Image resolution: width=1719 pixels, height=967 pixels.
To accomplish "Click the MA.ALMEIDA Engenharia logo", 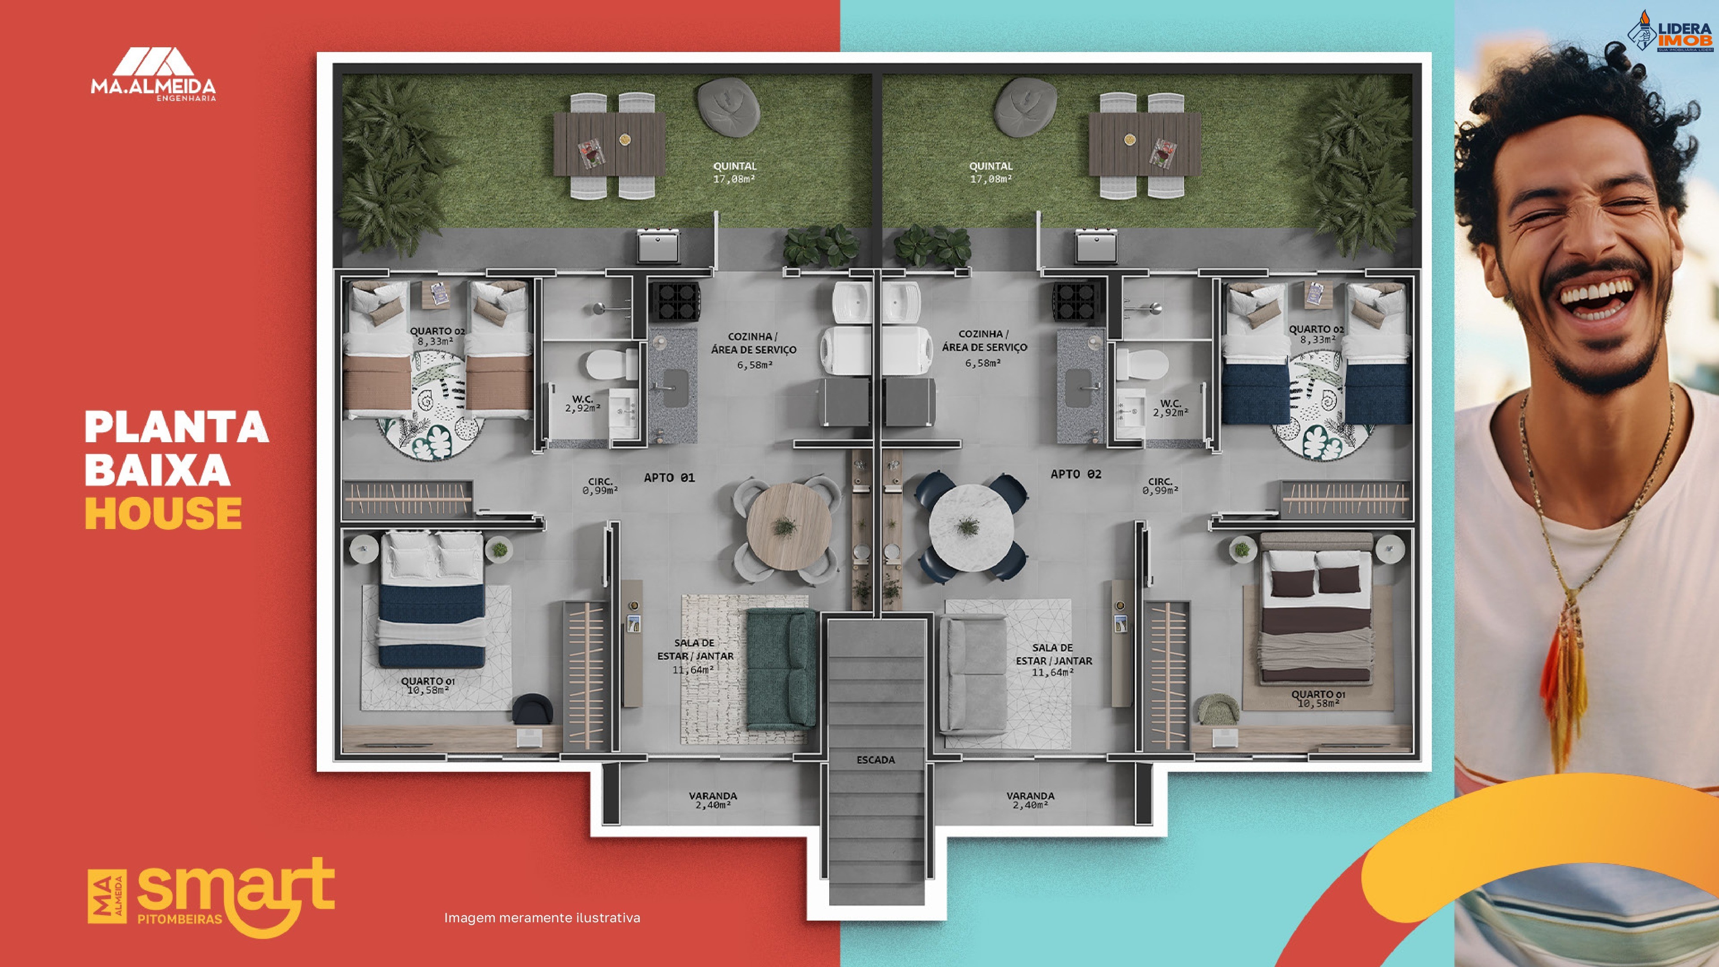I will click(x=153, y=73).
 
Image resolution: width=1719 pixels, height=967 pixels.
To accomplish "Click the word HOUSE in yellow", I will click(x=163, y=513).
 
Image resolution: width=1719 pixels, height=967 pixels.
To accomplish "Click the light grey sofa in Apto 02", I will click(x=972, y=674).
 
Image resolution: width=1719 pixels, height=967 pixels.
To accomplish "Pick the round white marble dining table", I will click(x=971, y=527).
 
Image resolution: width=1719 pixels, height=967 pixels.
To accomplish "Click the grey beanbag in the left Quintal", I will click(x=728, y=105).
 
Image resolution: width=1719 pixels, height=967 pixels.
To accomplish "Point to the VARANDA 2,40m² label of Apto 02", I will click(x=1030, y=800).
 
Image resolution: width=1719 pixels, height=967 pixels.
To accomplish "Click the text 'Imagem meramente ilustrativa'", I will click(x=542, y=918).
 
